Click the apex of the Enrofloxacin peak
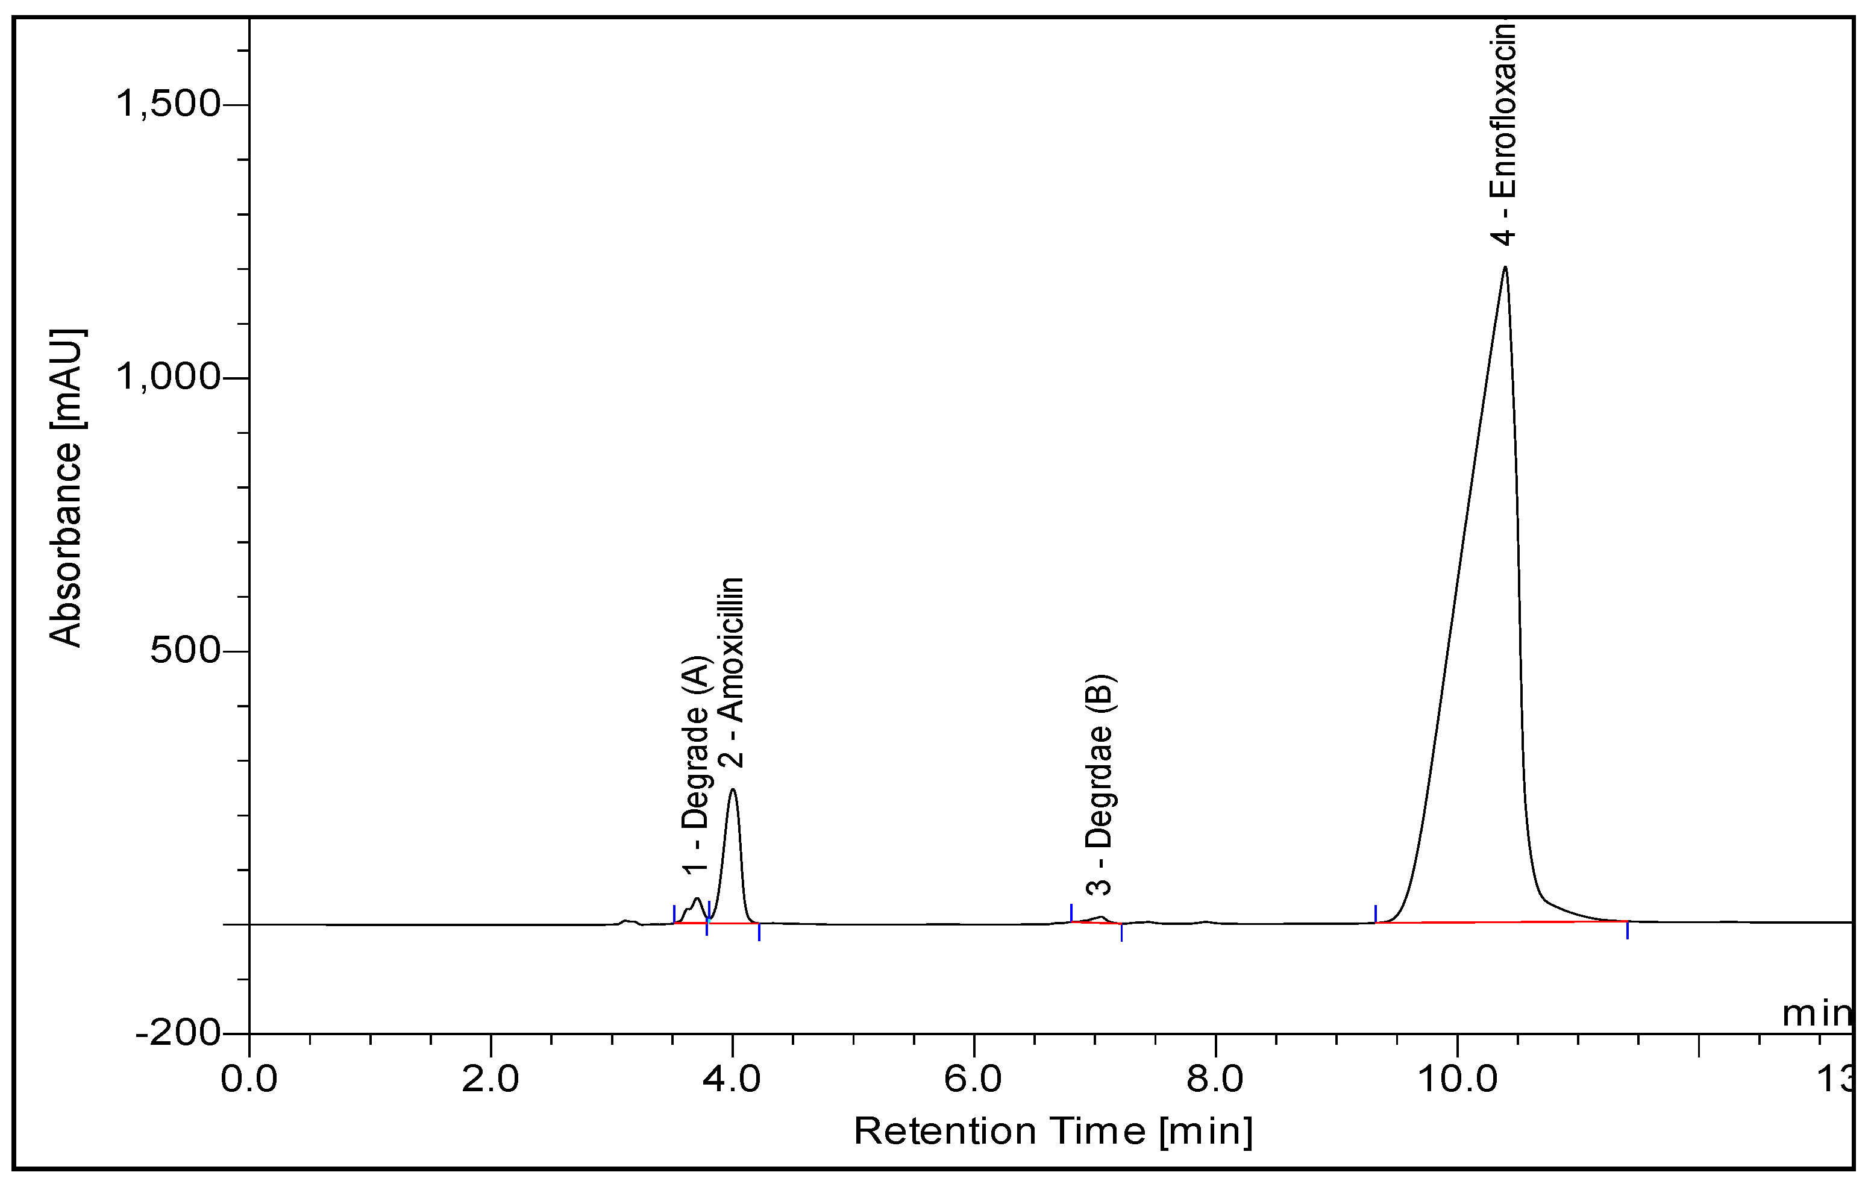(x=1505, y=268)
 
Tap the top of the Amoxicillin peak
(x=732, y=790)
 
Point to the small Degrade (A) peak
(x=697, y=900)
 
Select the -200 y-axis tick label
(x=178, y=1033)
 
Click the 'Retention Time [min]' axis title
(x=1053, y=1132)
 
